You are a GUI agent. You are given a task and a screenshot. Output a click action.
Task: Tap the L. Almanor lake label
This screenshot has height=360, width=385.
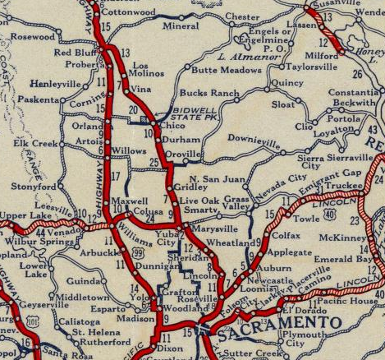[235, 60]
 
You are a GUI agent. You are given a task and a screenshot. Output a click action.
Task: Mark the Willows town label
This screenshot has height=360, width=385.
[129, 152]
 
